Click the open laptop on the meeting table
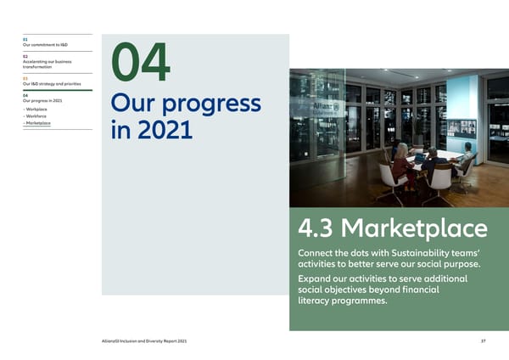[420, 158]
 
